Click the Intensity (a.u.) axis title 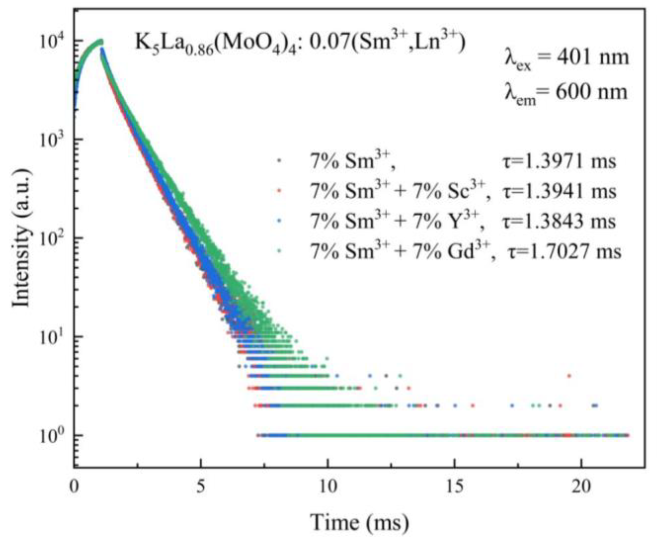click(21, 238)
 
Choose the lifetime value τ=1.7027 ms click(564, 252)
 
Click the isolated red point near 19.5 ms click(569, 376)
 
